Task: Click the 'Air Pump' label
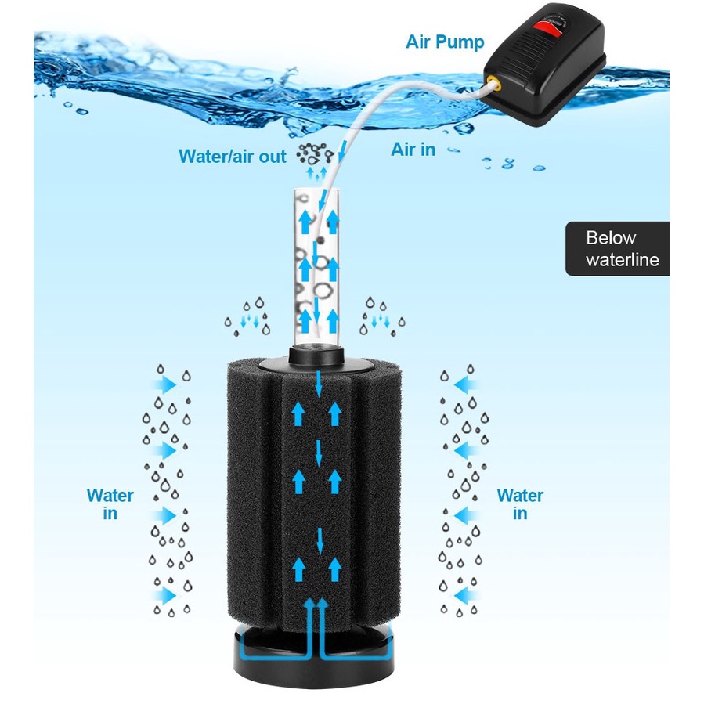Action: tap(446, 42)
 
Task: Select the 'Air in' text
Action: tap(413, 149)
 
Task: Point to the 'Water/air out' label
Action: tap(233, 156)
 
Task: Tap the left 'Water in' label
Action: tap(110, 504)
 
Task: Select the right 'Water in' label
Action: tap(520, 504)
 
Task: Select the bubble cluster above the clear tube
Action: tap(314, 153)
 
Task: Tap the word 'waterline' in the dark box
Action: tap(623, 259)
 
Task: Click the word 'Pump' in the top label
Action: tap(465, 42)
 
